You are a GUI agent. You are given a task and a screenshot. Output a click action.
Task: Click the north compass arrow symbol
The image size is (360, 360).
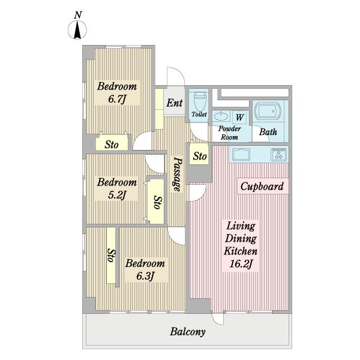[x=77, y=30]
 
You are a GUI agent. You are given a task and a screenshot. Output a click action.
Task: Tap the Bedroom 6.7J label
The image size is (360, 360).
[x=117, y=92]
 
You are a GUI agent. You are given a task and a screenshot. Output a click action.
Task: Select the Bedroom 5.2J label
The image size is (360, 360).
[x=116, y=188]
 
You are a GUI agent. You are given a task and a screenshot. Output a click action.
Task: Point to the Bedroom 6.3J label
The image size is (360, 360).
[x=145, y=269]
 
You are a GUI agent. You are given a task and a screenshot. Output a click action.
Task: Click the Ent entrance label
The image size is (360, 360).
[x=174, y=103]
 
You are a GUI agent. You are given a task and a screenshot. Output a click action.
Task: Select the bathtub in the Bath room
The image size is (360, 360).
[x=268, y=111]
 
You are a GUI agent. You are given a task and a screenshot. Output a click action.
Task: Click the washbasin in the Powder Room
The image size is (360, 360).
[x=221, y=116]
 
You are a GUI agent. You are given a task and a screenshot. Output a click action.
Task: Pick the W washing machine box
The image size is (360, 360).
[x=239, y=118]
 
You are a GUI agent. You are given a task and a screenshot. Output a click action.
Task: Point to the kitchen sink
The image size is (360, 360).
[x=241, y=155]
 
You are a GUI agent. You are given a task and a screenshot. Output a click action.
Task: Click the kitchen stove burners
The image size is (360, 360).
[x=279, y=155]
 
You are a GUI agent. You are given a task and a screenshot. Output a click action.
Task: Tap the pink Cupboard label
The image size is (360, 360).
[x=262, y=186]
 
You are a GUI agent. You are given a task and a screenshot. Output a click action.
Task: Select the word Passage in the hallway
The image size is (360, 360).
[x=178, y=174]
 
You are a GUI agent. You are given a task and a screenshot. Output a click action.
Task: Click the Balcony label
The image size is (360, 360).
[x=188, y=332]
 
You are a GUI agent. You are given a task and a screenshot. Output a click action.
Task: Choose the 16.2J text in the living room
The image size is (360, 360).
[x=241, y=264]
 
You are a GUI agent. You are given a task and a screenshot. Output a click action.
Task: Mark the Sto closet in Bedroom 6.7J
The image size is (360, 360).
[x=112, y=143]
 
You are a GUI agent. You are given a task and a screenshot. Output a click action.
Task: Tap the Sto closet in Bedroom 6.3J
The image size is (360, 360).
[x=111, y=255]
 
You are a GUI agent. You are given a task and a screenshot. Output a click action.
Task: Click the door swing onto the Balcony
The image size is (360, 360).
[x=217, y=319]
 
